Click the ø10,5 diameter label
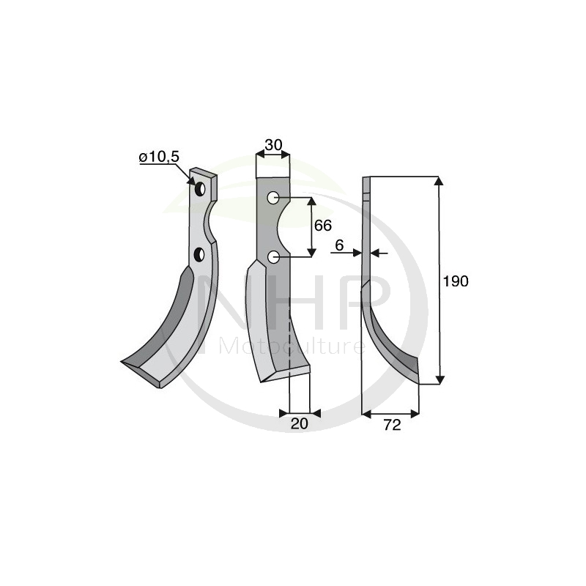[x=158, y=157]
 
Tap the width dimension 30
[x=273, y=145]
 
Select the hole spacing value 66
[x=323, y=226]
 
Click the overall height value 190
[x=457, y=281]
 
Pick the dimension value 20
[x=300, y=423]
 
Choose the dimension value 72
[x=392, y=425]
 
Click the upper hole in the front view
[x=272, y=197]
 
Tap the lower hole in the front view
[x=272, y=256]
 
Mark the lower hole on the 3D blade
[x=199, y=254]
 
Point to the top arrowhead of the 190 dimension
[x=439, y=182]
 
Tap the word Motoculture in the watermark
[x=293, y=345]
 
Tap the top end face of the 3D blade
[x=204, y=174]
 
